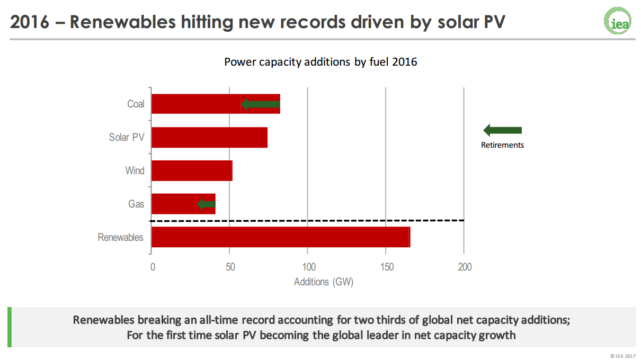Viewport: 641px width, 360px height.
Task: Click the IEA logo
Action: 618,21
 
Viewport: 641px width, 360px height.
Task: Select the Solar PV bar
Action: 209,138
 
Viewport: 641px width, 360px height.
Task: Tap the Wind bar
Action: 192,171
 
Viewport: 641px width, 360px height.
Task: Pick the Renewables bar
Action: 281,237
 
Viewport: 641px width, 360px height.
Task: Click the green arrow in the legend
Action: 503,130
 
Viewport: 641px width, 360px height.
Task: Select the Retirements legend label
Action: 502,145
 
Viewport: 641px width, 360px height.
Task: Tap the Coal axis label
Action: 136,104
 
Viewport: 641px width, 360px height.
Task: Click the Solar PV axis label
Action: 127,138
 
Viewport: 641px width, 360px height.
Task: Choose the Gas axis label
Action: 136,204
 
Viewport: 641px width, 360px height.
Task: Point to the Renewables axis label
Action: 120,237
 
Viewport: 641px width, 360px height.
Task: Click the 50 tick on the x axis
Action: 229,267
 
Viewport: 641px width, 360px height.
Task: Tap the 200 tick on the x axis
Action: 464,267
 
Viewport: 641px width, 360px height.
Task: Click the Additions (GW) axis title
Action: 323,282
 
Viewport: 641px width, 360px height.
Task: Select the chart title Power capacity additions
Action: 320,62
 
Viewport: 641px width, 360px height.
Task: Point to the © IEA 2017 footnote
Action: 623,356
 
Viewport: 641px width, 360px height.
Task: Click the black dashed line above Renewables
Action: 307,220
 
